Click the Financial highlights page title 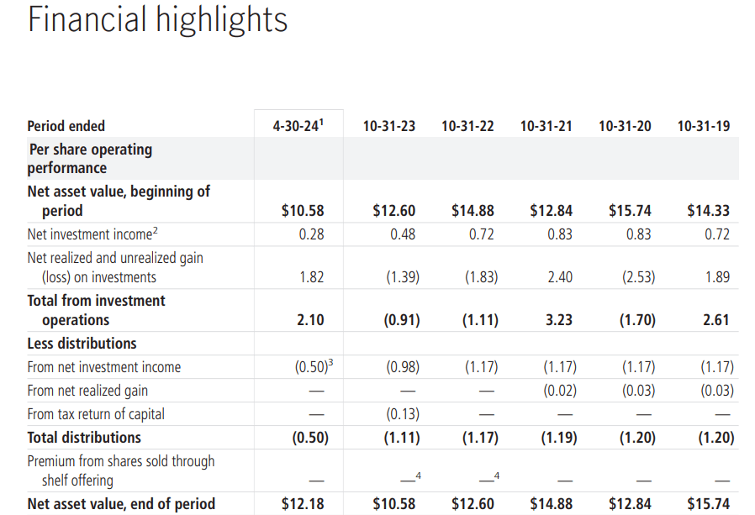[x=157, y=20]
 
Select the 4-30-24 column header [x=297, y=126]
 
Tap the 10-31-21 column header [x=546, y=126]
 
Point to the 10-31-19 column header [x=703, y=126]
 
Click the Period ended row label [x=66, y=126]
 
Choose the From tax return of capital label [x=96, y=414]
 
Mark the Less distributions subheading [x=82, y=344]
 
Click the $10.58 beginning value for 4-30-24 [x=303, y=211]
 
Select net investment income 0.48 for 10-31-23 [x=403, y=234]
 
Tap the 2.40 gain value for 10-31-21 [x=560, y=277]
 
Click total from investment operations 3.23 [x=559, y=320]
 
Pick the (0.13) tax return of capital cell [x=402, y=414]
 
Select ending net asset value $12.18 [x=303, y=504]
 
